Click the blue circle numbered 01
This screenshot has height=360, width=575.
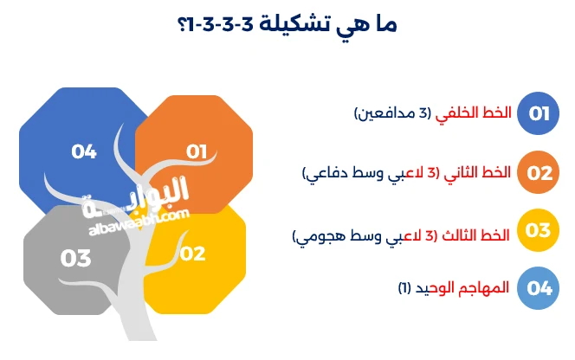click(539, 114)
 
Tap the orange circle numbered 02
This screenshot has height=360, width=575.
click(539, 172)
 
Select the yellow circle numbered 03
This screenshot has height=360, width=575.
click(539, 230)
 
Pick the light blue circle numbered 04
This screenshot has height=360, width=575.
click(539, 288)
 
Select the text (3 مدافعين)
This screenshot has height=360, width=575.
click(394, 114)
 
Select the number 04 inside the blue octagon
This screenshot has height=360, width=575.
click(84, 151)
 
